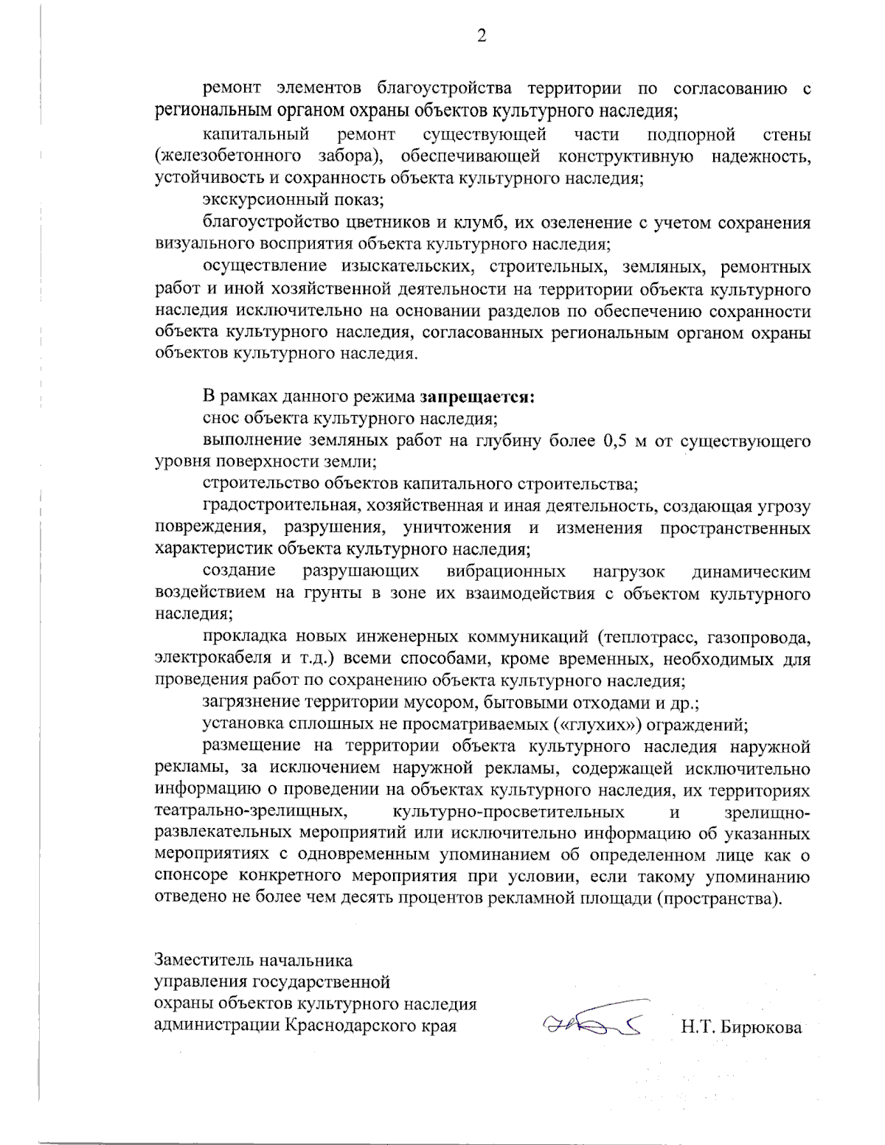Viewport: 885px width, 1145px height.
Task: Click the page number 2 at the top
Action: point(482,36)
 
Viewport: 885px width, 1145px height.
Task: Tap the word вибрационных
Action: point(506,572)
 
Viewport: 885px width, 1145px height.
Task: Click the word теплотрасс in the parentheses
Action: point(649,636)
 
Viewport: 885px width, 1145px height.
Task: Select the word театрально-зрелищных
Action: point(251,812)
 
